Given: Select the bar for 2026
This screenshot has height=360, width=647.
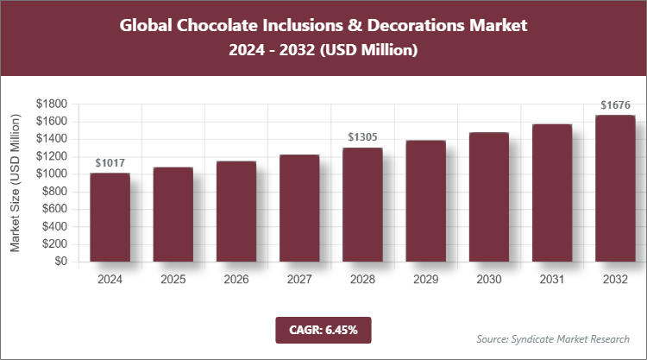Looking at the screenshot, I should point(236,212).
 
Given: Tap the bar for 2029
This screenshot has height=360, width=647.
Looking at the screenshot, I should point(425,201).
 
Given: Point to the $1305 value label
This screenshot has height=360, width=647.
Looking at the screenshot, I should point(362,136).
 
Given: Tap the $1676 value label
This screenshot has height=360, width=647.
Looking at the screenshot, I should point(615,105).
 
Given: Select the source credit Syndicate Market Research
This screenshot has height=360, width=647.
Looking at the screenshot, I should point(552,338).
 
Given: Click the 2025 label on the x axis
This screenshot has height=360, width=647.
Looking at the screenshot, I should point(173,280).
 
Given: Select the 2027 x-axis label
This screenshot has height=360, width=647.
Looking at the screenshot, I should point(299,280).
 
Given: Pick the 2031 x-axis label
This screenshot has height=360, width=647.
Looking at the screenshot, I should point(552,280).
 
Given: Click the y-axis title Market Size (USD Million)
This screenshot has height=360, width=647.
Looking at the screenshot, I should point(15,183).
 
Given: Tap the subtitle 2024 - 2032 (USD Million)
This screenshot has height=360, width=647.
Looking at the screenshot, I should point(323,51).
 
